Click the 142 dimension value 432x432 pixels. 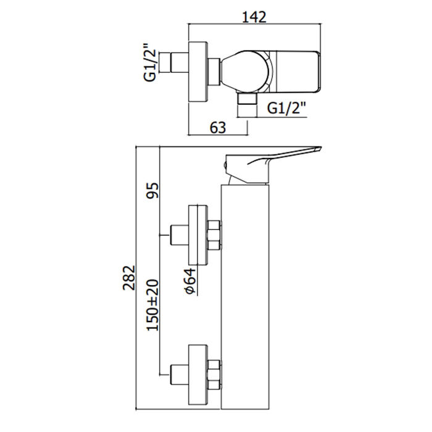click(254, 17)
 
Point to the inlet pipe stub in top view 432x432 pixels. click(180, 63)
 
